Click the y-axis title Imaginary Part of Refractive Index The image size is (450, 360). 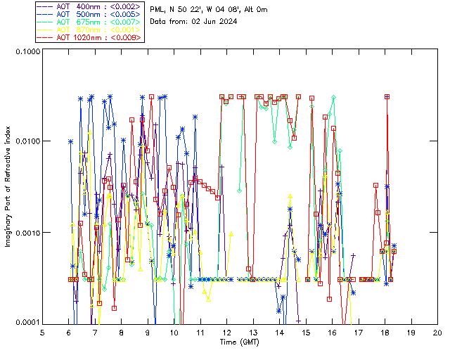pos(9,187)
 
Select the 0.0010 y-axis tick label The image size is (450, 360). pos(27,233)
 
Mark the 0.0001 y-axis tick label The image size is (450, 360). pos(27,322)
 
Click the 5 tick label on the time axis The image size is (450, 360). pos(43,333)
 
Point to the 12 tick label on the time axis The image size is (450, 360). pos(227,333)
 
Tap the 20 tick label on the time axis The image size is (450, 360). pos(437,333)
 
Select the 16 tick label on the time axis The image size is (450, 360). pos(332,333)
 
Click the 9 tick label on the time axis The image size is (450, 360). pos(148,333)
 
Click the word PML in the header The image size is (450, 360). pos(158,9)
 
